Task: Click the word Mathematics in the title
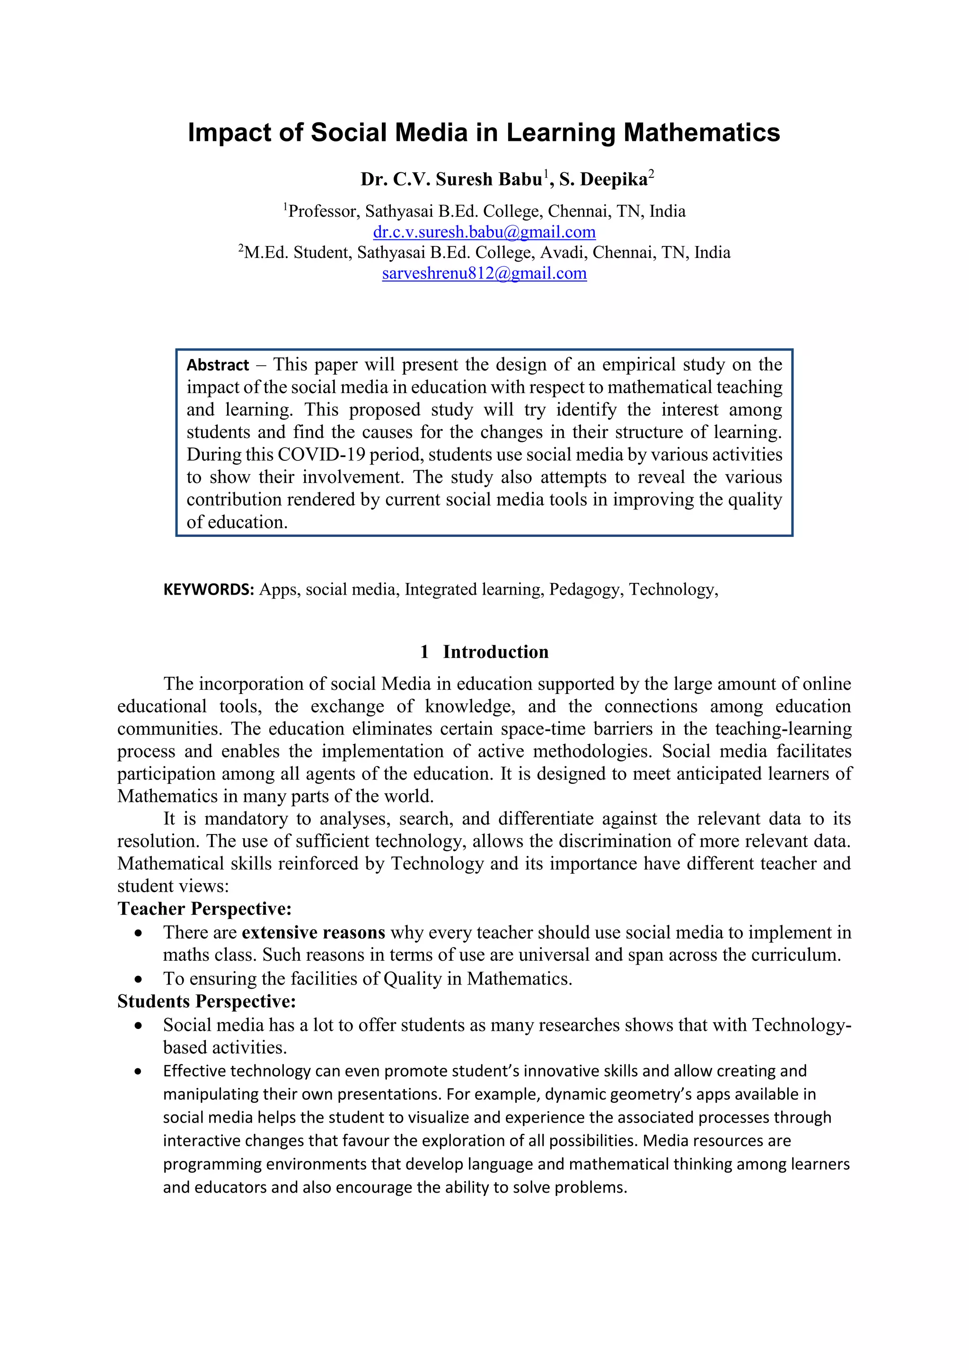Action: pyautogui.click(x=702, y=132)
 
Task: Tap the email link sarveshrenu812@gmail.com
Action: pyautogui.click(x=484, y=273)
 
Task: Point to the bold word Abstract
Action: pyautogui.click(x=218, y=365)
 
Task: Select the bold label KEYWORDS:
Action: pyautogui.click(x=209, y=589)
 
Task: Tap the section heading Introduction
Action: pyautogui.click(x=495, y=651)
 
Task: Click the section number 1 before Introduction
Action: pyautogui.click(x=424, y=651)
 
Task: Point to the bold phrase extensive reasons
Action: pyautogui.click(x=313, y=932)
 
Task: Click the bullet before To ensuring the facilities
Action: pyautogui.click(x=139, y=979)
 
